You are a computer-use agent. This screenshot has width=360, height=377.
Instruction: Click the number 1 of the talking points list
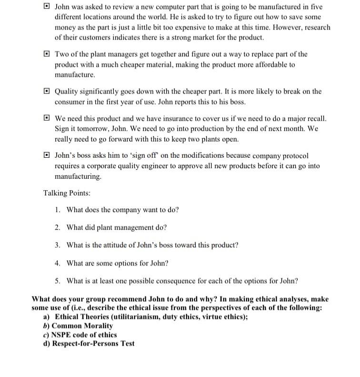click(57, 210)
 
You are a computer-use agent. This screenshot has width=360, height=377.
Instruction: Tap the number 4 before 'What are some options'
click(57, 263)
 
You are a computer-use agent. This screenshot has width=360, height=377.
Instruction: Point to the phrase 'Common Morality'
click(84, 326)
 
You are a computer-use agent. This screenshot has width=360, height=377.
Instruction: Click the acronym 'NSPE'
click(64, 335)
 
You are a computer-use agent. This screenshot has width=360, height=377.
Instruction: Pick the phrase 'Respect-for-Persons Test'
click(93, 344)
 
